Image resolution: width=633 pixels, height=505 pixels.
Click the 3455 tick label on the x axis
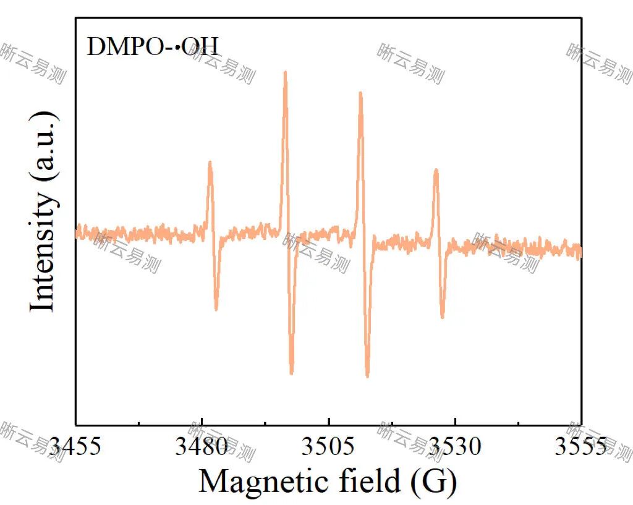pyautogui.click(x=75, y=446)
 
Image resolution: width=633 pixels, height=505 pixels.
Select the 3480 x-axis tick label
pyautogui.click(x=202, y=446)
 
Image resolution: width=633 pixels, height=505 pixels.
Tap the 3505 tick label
pyautogui.click(x=328, y=446)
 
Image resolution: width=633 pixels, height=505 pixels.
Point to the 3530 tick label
pyautogui.click(x=455, y=446)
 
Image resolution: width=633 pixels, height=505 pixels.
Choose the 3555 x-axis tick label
pyautogui.click(x=580, y=446)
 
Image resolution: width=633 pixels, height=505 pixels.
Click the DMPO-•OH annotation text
pyautogui.click(x=152, y=47)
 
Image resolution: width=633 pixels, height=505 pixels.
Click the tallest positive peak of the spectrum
pyautogui.click(x=285, y=73)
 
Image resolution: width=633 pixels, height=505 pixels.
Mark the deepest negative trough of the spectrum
pyautogui.click(x=367, y=375)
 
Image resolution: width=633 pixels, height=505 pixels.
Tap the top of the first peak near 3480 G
pyautogui.click(x=210, y=163)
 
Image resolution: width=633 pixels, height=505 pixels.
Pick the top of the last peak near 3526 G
pyautogui.click(x=436, y=171)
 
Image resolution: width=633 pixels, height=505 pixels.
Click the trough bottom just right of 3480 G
pyautogui.click(x=216, y=308)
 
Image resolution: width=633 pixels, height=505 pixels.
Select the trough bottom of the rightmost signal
pyautogui.click(x=443, y=317)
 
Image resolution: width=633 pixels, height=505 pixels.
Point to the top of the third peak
pyautogui.click(x=360, y=94)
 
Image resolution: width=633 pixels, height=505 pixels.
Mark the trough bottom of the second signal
pyautogui.click(x=291, y=373)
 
